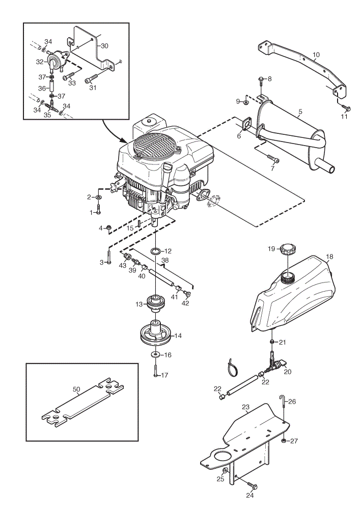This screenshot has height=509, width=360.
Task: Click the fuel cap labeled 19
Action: click(288, 249)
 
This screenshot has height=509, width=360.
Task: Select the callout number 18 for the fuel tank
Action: click(329, 257)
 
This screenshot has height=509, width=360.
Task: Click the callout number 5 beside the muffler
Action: click(300, 112)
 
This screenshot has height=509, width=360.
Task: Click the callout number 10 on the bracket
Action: click(316, 55)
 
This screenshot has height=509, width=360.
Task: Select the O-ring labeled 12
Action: click(156, 251)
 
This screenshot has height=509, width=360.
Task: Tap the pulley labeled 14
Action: click(156, 333)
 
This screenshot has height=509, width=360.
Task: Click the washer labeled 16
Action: click(155, 354)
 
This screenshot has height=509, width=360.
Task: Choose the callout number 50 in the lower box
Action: click(76, 389)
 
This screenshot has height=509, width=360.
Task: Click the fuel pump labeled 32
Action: click(54, 61)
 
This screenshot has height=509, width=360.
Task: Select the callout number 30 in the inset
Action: click(104, 46)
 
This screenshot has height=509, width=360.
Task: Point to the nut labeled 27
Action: click(284, 441)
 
